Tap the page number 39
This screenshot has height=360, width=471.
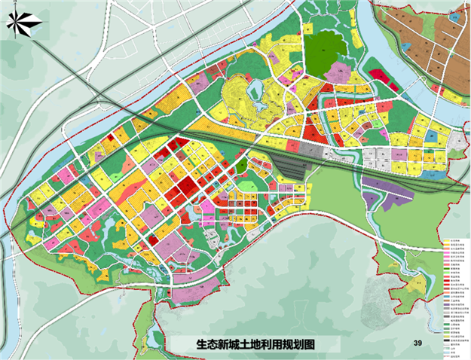coord(417,344)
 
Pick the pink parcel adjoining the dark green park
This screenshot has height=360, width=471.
coord(340,72)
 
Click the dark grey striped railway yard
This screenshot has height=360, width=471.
coord(290,162)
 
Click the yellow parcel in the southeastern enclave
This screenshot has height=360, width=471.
coord(414,285)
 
